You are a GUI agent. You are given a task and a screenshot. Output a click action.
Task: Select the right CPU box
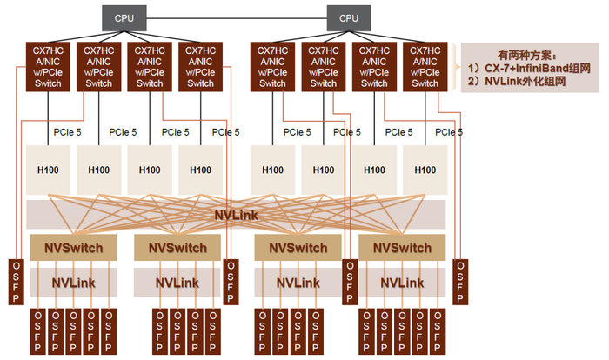tap(348, 17)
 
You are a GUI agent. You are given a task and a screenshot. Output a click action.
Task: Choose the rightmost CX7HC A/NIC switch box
tap(425, 66)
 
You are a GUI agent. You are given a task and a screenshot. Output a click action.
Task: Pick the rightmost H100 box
tap(425, 170)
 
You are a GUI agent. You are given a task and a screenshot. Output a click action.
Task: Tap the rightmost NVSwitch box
tap(401, 248)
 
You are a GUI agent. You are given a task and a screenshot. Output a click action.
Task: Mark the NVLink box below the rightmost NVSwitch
tap(401, 283)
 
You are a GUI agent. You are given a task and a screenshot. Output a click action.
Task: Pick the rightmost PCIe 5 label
tap(449, 132)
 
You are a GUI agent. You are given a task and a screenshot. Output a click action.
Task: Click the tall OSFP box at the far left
tap(16, 281)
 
